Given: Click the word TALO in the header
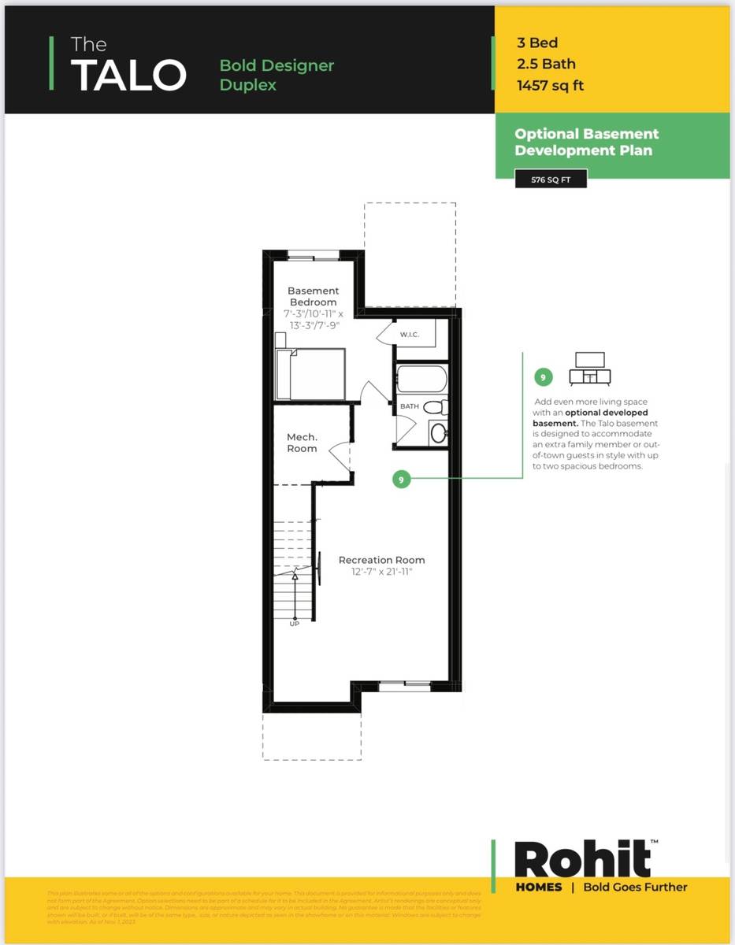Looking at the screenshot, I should (128, 74).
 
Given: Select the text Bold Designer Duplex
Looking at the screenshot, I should (277, 75).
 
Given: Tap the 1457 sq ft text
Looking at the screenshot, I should (550, 86).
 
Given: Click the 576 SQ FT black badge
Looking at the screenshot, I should (550, 180).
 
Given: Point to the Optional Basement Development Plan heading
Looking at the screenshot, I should (586, 143).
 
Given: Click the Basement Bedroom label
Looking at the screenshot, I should (313, 296).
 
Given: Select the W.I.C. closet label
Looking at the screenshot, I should (409, 335).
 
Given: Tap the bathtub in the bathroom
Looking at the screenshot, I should (421, 378).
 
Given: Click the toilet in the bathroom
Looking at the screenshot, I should (435, 407).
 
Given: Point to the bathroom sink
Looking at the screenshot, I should (437, 432).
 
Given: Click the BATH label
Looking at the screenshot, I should (410, 406).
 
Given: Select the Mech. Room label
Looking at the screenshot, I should (302, 443).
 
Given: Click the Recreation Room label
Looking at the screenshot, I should (381, 560).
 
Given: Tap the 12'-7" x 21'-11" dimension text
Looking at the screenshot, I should (381, 573).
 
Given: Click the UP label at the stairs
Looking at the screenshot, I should (295, 623).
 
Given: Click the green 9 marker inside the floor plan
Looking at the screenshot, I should (402, 479).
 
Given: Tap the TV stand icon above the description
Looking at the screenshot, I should (590, 369).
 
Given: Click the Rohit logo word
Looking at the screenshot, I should (583, 860).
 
